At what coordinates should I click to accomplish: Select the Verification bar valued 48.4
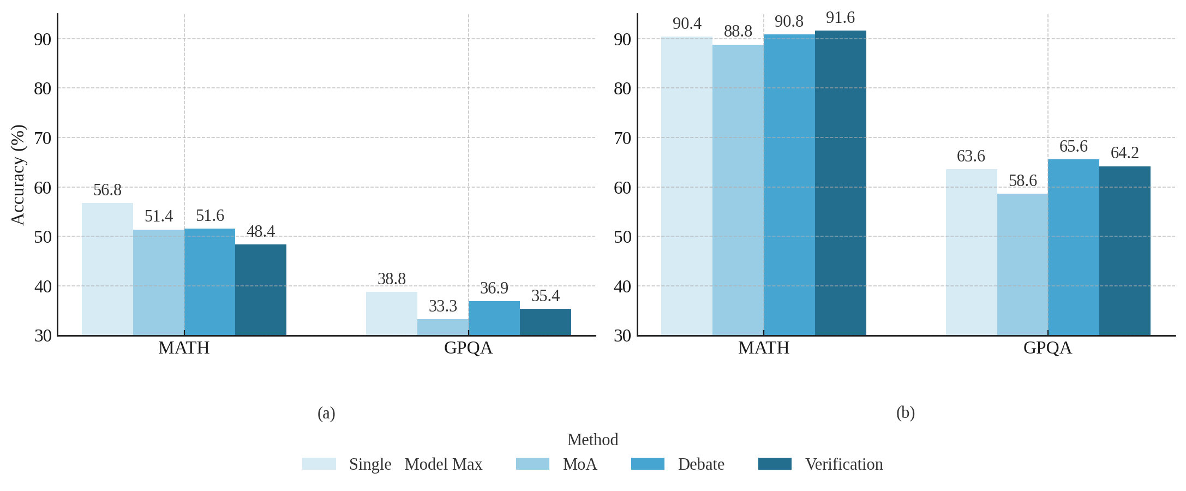pos(261,290)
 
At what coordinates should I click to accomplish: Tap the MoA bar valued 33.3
pos(442,327)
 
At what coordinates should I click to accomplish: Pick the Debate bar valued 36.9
pos(494,318)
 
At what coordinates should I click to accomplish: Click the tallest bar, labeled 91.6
pos(840,183)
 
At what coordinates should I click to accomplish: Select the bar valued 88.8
pos(738,190)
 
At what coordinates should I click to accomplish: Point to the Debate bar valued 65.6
pos(1073,247)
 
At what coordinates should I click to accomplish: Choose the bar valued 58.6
pos(1022,265)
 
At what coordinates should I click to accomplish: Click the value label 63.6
pos(971,156)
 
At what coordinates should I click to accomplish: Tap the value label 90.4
pos(687,23)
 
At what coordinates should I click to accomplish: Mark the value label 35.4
pos(545,296)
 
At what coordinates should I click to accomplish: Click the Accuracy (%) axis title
pos(18,175)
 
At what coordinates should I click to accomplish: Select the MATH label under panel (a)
pos(184,348)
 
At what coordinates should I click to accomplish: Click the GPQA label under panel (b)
pos(1047,348)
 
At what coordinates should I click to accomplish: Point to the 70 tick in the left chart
pos(43,138)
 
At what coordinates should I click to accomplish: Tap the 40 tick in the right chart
pos(622,286)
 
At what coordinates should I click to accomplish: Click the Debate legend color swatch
pos(648,464)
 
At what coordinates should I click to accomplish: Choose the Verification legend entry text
pos(844,464)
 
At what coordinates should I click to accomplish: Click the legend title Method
pos(592,439)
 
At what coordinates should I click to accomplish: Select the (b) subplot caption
pos(905,412)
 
